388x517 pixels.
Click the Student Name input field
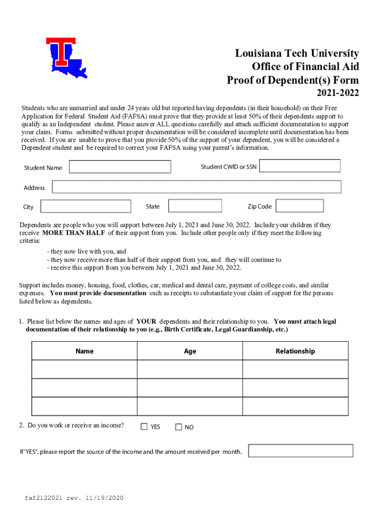click(x=120, y=167)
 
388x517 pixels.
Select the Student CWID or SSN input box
click(x=300, y=166)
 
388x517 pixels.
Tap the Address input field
click(x=197, y=187)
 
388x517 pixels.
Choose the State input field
click(x=195, y=206)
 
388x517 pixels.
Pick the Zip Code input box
click(x=300, y=206)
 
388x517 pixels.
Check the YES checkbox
click(x=144, y=427)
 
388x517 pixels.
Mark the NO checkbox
click(x=178, y=427)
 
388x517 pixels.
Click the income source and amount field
click(x=300, y=451)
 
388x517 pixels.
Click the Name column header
click(x=84, y=351)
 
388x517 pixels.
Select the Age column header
click(x=190, y=351)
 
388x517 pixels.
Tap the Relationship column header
click(x=295, y=351)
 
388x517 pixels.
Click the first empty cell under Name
click(x=84, y=369)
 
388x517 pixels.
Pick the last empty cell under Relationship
click(x=295, y=406)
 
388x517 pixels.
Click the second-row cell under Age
click(x=190, y=388)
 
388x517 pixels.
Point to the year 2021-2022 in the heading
click(x=338, y=93)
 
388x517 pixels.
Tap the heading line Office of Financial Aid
click(x=305, y=67)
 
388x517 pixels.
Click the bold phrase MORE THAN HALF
click(x=74, y=233)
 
